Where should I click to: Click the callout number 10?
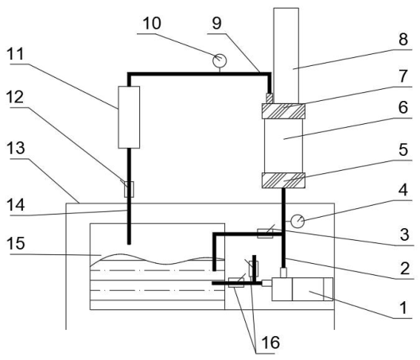152,23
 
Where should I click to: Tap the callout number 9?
217,23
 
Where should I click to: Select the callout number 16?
270,343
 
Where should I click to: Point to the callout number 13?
16,148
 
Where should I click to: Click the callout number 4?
402,190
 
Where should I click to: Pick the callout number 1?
403,308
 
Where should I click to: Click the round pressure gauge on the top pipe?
220,60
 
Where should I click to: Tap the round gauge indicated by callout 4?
297,221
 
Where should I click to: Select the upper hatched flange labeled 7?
283,111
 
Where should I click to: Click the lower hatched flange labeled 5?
283,180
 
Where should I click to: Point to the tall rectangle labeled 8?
286,56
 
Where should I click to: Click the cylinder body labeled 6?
283,146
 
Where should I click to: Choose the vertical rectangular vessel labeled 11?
129,118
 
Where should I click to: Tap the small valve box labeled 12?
129,189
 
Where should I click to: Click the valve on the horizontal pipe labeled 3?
265,234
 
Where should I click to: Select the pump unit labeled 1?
302,289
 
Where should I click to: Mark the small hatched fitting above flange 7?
269,99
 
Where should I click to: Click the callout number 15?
16,243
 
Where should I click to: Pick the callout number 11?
15,54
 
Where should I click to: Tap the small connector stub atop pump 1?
283,273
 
